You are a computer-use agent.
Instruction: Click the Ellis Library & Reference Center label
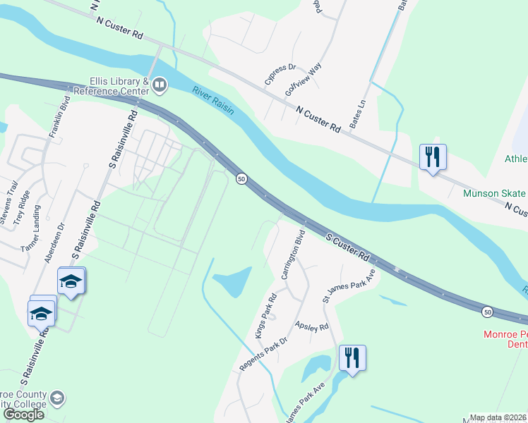(110, 86)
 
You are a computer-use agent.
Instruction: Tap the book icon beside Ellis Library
(160, 86)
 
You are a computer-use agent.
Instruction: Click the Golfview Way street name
(303, 79)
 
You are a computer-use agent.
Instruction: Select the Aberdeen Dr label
(54, 243)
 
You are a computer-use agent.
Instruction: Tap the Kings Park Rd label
(267, 316)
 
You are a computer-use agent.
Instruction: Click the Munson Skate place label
(494, 194)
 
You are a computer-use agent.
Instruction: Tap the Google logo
(23, 414)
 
